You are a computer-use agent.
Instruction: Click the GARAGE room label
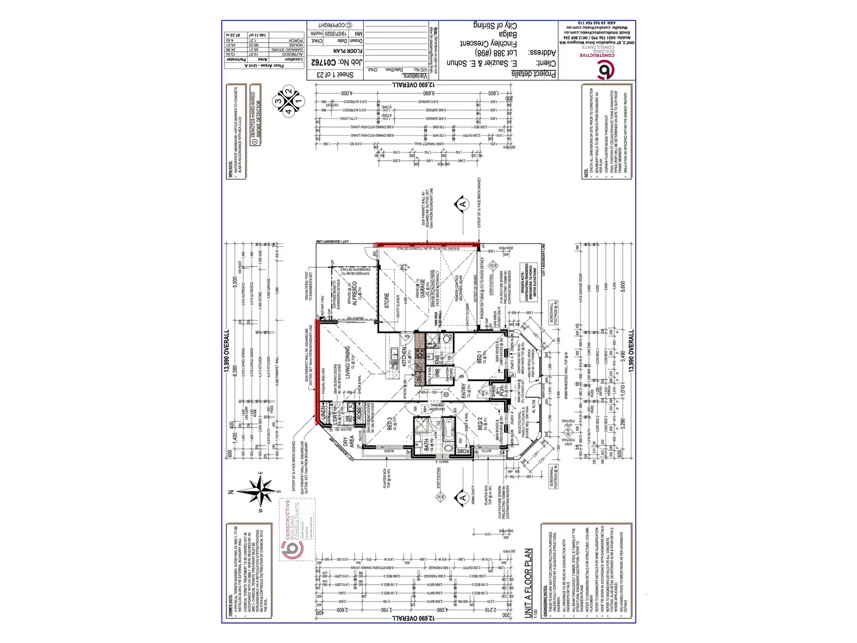[420, 289]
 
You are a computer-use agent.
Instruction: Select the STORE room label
[387, 300]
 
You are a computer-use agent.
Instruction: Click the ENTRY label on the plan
[463, 391]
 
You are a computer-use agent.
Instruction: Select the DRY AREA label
[348, 441]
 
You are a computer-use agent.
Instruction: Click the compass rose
[262, 491]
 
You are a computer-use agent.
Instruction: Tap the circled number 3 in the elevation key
[279, 101]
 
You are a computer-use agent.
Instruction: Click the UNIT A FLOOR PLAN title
[528, 582]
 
